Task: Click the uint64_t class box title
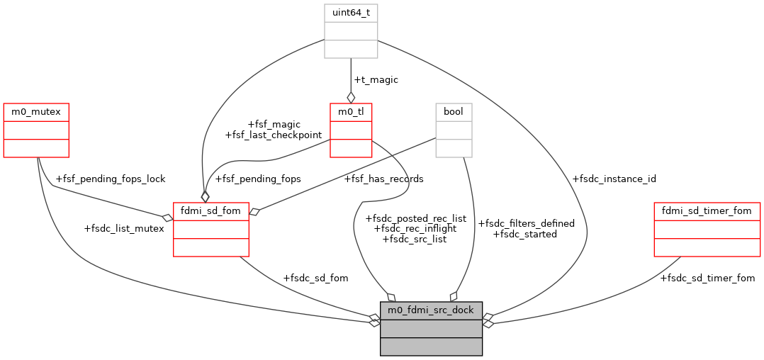(x=351, y=13)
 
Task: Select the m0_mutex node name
(x=36, y=112)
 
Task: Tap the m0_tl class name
(x=351, y=112)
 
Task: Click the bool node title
(x=454, y=112)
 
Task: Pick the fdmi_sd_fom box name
(x=211, y=210)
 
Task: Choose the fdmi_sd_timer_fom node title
(x=707, y=210)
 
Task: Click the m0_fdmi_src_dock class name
(x=431, y=310)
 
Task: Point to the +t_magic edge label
(x=376, y=80)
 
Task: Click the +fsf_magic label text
(x=273, y=124)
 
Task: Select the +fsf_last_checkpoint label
(x=273, y=135)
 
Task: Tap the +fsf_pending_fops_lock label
(x=110, y=179)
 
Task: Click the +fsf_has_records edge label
(x=383, y=179)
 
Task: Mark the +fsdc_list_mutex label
(x=124, y=228)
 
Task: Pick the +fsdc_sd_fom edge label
(x=315, y=278)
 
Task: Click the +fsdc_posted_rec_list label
(x=415, y=218)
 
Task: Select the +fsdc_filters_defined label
(x=527, y=223)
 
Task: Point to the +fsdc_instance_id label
(x=614, y=179)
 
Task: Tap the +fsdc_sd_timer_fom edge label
(x=707, y=278)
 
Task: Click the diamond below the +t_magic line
(x=351, y=98)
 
